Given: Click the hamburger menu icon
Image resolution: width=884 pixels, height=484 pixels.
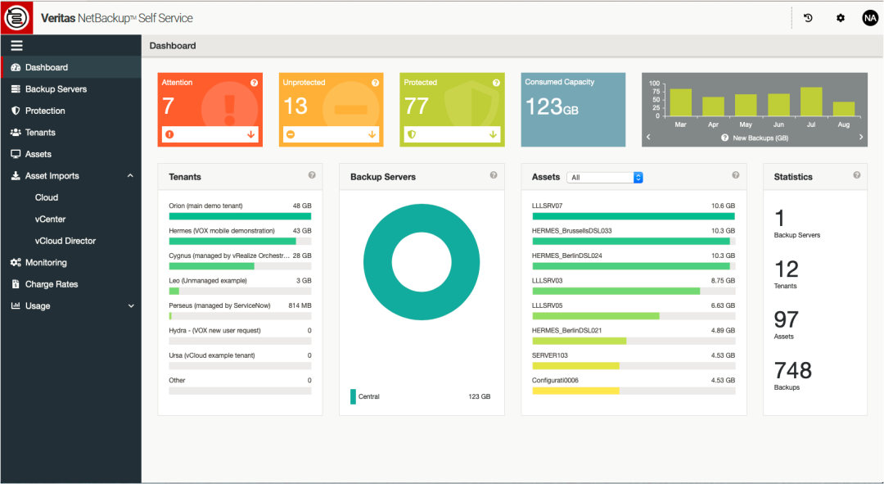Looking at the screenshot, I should pos(16,46).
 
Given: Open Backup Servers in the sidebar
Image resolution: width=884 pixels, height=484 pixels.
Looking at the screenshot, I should pos(56,89).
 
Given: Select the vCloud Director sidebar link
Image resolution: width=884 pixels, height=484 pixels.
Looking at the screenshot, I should pos(65,241).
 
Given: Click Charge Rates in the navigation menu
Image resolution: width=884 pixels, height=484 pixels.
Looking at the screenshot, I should pos(52,284).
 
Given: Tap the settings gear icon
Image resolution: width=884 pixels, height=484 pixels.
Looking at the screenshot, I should pos(840,18).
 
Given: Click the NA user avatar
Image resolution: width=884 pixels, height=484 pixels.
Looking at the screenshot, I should pos(869,18).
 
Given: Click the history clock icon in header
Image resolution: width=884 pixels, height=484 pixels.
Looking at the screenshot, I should pos(808,18).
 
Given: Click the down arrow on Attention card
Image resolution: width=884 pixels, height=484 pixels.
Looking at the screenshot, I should pos(251,134).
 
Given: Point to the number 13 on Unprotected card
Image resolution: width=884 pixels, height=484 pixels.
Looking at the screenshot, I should pos(295,106).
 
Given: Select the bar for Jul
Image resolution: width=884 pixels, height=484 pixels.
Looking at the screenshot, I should pos(811,102).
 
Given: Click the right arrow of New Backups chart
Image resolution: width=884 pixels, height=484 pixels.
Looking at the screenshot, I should pos(861,138).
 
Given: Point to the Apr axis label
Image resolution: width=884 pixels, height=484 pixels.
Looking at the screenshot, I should pos(713,125).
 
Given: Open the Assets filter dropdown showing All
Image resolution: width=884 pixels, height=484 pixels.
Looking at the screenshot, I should pos(605,177).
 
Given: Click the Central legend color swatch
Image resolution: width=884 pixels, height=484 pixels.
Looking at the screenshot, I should pos(353,396).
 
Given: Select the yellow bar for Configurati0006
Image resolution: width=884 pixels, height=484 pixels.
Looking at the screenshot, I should pos(575,391).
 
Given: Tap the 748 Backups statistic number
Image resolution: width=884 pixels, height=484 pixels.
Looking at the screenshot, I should pos(792,370).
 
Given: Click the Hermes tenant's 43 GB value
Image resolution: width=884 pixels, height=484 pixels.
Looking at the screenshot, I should pos(302,231).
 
